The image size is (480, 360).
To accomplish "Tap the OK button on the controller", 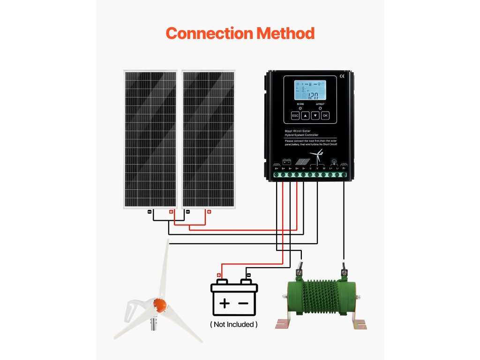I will pyautogui.click(x=325, y=115).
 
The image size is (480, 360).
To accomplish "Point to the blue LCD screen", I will pyautogui.click(x=310, y=91).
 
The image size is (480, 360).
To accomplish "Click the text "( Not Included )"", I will pyautogui.click(x=233, y=324).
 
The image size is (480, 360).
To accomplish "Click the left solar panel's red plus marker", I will pyautogui.click(x=171, y=212).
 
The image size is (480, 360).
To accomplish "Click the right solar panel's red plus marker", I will pyautogui.click(x=209, y=212).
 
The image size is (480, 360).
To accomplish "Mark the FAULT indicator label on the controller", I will pyautogui.click(x=320, y=104).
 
